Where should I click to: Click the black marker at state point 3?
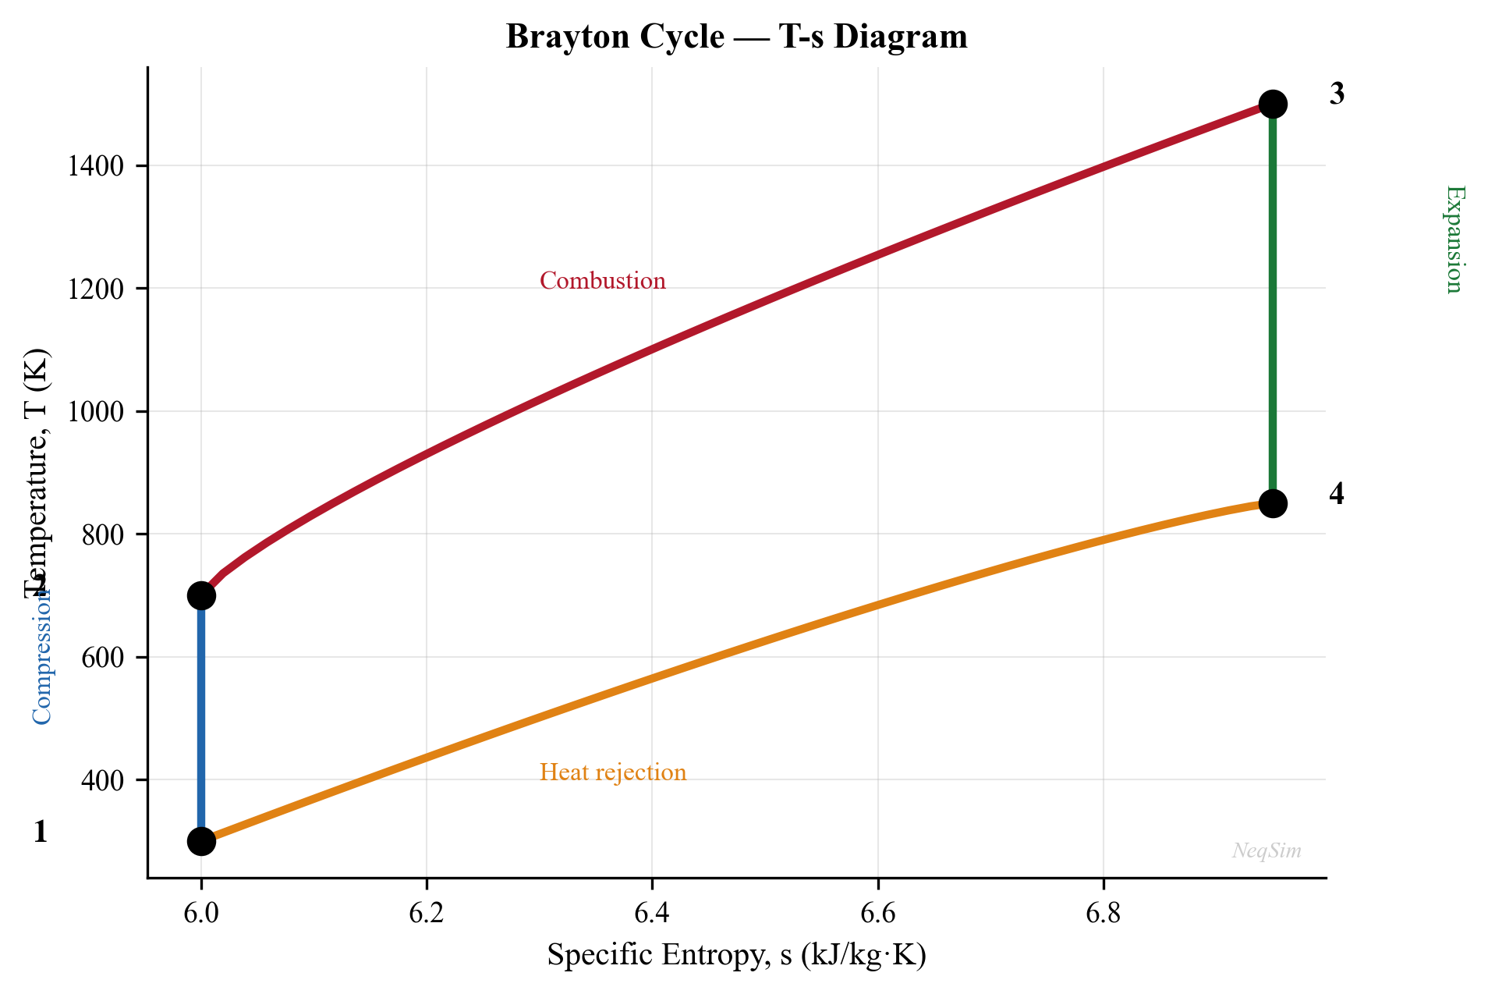(1272, 104)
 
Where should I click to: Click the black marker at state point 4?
(1272, 503)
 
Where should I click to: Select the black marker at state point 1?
(201, 841)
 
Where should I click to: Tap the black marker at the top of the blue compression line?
(201, 595)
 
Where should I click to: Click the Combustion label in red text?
(602, 281)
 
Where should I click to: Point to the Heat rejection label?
(612, 772)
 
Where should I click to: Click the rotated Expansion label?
(1454, 239)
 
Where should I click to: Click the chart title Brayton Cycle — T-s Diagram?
(736, 37)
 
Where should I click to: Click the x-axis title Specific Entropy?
(736, 955)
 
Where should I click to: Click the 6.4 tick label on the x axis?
(652, 913)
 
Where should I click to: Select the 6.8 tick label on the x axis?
(1103, 913)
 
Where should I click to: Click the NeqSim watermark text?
(1266, 850)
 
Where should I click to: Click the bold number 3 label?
(1337, 94)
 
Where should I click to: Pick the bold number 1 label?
(41, 832)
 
